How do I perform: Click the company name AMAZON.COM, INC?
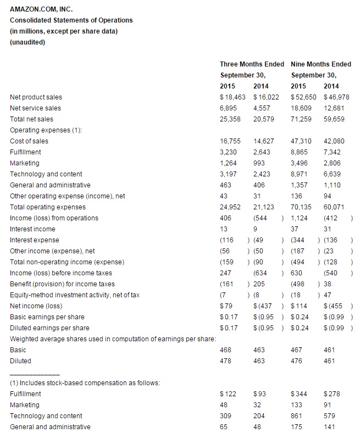41,9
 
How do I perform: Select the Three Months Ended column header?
252,64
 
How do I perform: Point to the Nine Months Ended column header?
321,64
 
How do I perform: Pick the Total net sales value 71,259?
302,119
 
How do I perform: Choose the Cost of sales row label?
29,141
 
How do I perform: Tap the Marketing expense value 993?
259,163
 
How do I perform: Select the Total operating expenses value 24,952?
230,207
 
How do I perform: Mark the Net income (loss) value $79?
225,306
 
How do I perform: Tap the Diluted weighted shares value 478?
225,361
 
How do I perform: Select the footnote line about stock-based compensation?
85,383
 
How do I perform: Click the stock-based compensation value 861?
297,416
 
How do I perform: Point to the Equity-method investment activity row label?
75,295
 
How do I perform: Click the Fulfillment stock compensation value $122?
227,394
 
